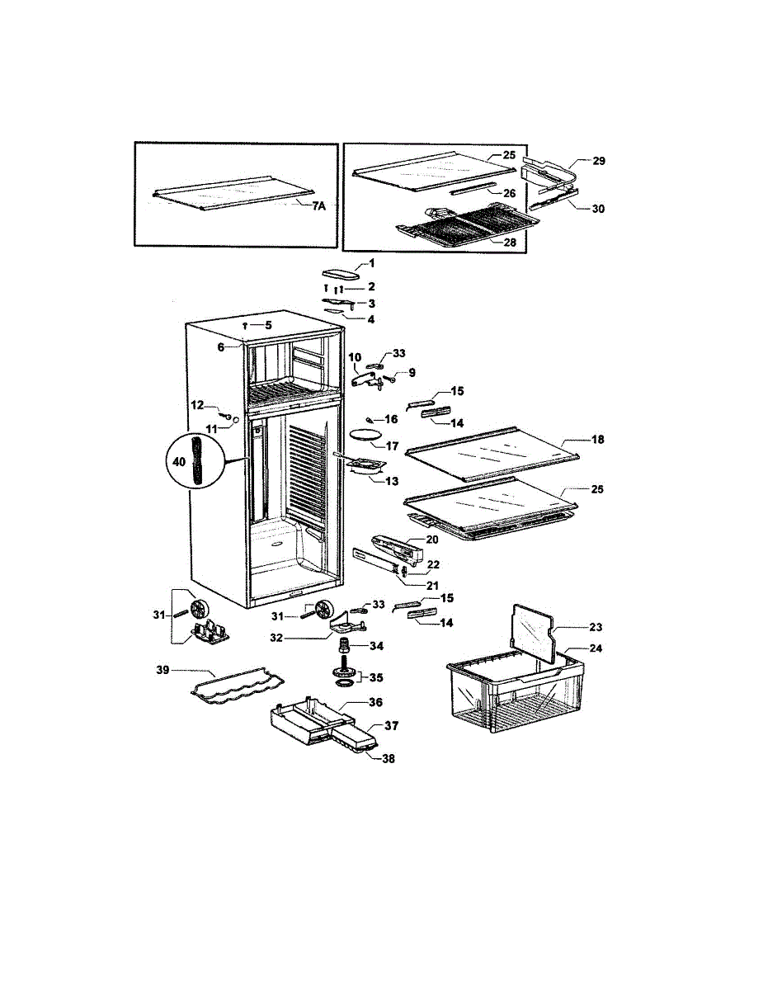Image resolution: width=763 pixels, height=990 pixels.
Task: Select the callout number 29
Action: click(599, 161)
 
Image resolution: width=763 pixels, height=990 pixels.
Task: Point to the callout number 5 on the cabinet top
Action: click(268, 325)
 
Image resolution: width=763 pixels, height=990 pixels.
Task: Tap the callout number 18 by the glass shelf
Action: click(598, 440)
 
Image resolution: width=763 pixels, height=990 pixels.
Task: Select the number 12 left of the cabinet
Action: click(198, 404)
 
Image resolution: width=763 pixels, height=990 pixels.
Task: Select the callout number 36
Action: click(376, 703)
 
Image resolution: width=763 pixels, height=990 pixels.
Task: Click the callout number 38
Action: click(388, 758)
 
